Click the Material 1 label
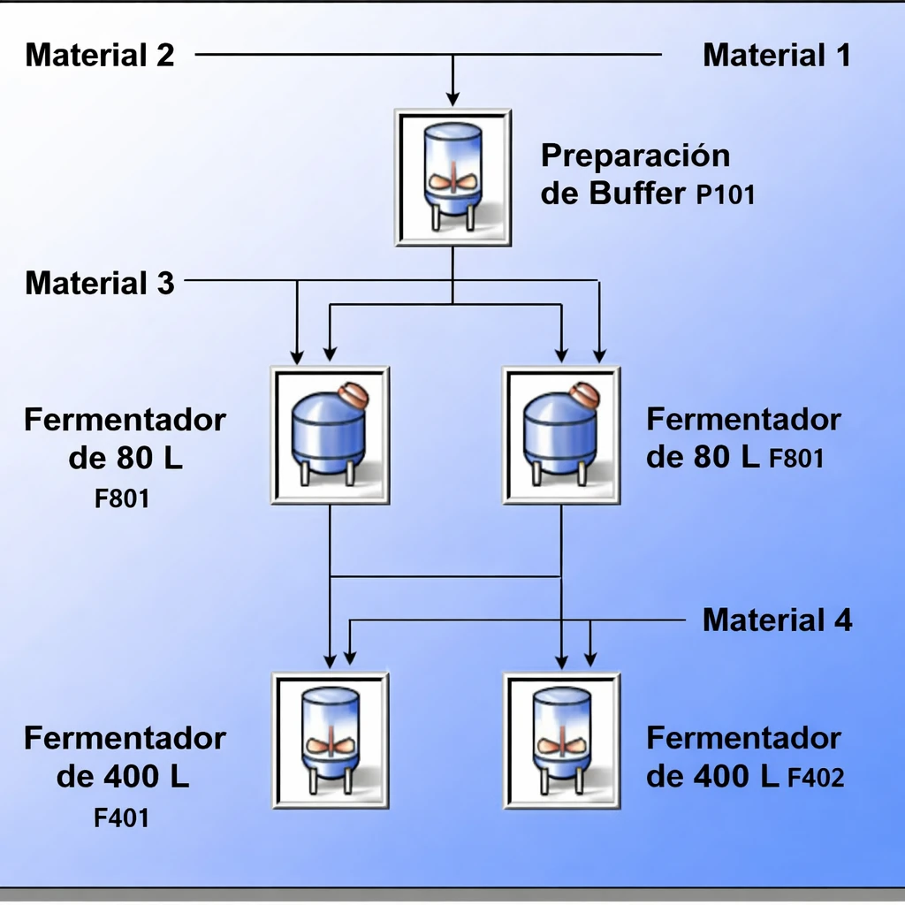(x=776, y=56)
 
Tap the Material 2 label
(x=100, y=56)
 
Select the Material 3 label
(x=100, y=284)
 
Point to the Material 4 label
(x=777, y=620)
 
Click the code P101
(x=725, y=194)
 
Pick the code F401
(x=122, y=818)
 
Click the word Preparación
(x=635, y=156)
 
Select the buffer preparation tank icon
(x=452, y=178)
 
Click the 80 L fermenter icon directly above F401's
(x=331, y=435)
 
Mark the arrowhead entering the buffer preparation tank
(x=452, y=98)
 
